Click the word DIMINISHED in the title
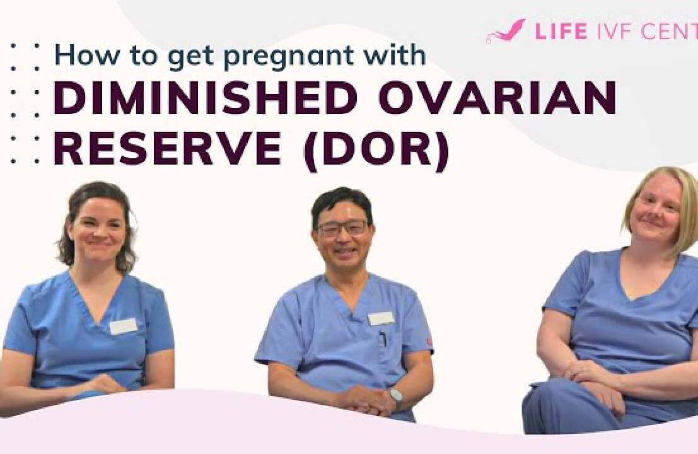pyautogui.click(x=206, y=97)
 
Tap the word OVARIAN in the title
pyautogui.click(x=497, y=97)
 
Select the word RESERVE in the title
pyautogui.click(x=167, y=148)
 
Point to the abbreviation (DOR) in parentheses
pyautogui.click(x=376, y=149)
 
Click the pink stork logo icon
pyautogui.click(x=506, y=31)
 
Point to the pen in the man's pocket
pyautogui.click(x=383, y=339)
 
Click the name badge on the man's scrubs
pyautogui.click(x=381, y=318)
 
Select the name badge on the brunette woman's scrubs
pyautogui.click(x=124, y=326)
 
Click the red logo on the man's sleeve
pyautogui.click(x=429, y=342)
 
